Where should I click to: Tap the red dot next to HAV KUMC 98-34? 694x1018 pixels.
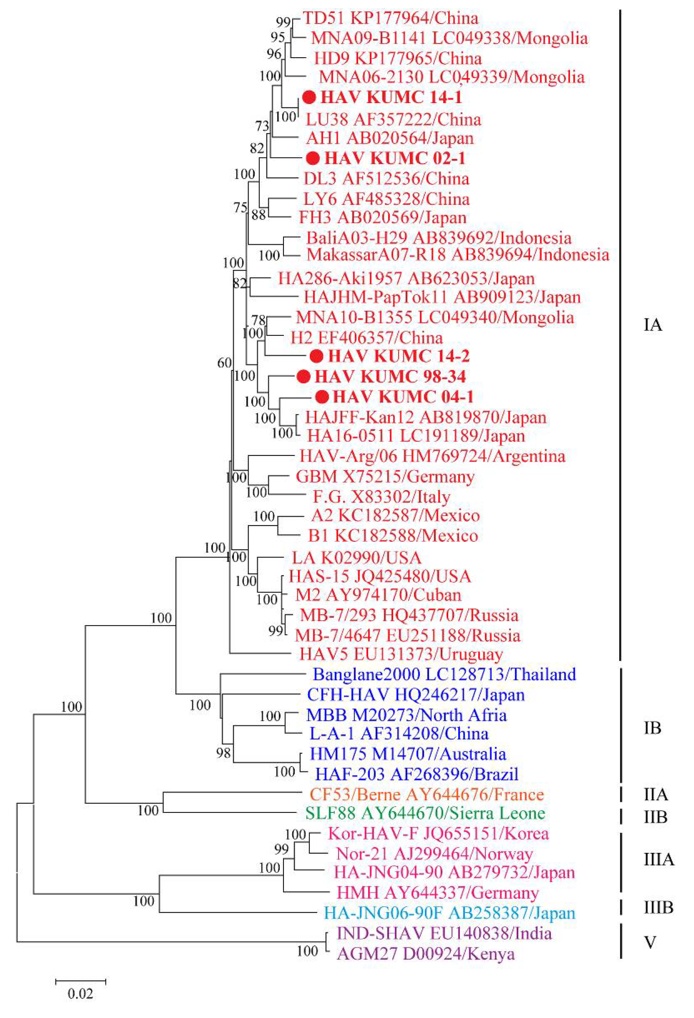[x=303, y=376]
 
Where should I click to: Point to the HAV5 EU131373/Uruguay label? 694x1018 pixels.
[x=401, y=654]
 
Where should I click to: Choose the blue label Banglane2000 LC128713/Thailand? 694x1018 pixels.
[x=445, y=674]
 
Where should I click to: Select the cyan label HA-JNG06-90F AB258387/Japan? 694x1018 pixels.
[x=449, y=913]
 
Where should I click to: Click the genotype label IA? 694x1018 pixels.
[x=652, y=326]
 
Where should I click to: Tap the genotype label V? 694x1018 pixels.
[x=650, y=942]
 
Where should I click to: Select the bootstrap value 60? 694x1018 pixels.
[x=225, y=363]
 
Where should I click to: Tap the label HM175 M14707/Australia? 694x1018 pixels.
[x=408, y=754]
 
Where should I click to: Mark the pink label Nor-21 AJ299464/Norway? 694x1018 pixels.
[x=434, y=853]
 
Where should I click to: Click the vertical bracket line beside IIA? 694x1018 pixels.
[x=621, y=794]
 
